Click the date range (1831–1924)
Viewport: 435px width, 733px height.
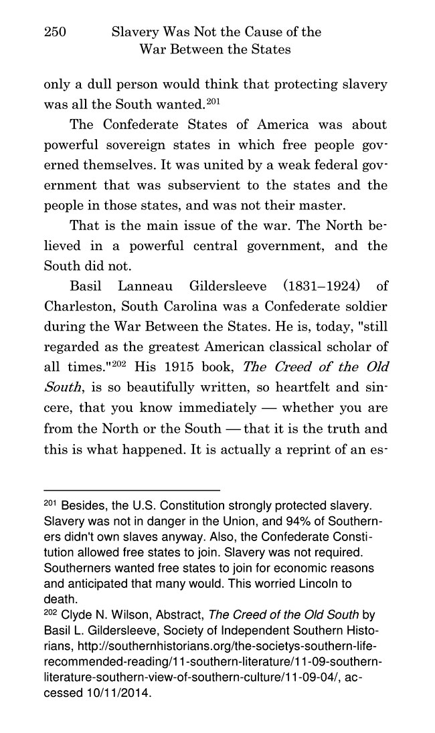tap(317, 287)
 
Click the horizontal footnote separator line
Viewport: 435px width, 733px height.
tap(132, 490)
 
